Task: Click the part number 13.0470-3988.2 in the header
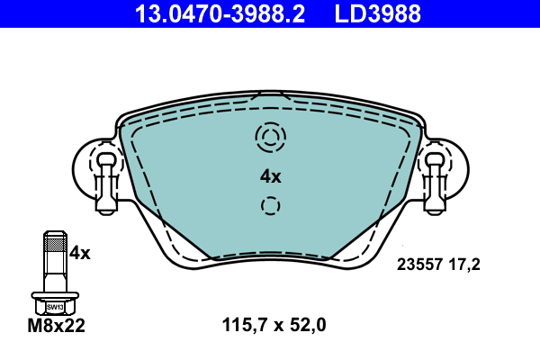tap(220, 14)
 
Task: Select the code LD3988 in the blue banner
tap(378, 14)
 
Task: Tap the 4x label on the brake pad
tap(271, 176)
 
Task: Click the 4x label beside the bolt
tap(79, 253)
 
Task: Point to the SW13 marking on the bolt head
tap(55, 307)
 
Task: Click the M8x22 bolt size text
tap(56, 326)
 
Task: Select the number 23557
tap(419, 265)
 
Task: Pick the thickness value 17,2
tap(464, 265)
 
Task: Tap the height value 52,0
tap(308, 325)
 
